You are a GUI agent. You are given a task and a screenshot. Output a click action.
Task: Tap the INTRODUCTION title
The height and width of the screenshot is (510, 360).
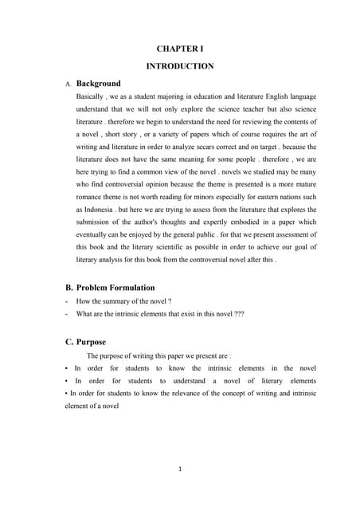[180, 66]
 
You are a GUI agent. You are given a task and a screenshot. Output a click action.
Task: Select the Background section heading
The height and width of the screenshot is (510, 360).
[98, 83]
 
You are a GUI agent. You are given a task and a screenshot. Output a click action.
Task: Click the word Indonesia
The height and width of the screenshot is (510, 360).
[94, 209]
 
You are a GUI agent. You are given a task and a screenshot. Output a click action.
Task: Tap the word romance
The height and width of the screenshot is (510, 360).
[92, 196]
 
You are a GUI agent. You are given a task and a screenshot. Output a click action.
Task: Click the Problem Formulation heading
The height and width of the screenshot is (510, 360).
[115, 287]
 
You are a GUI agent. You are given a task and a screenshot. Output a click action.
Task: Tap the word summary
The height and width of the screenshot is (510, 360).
[124, 301]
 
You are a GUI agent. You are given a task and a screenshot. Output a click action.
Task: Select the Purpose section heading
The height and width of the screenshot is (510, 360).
[91, 342]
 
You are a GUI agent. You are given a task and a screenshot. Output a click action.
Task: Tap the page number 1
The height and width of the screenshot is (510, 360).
[181, 469]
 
